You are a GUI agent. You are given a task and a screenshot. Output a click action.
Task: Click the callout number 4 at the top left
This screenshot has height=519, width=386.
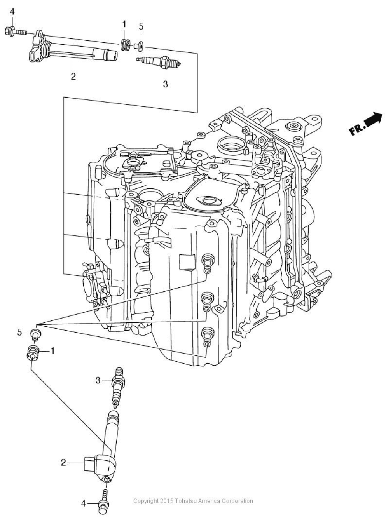coord(12,12)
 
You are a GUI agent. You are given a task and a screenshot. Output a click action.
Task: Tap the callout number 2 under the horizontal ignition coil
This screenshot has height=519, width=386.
coord(73,76)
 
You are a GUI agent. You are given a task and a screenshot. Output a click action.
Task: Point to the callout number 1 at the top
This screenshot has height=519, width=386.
coord(124,24)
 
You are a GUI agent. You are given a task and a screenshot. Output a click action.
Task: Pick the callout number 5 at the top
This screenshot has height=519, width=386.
coord(141,26)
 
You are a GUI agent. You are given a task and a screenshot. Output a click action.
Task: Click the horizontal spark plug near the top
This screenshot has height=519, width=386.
coord(159,61)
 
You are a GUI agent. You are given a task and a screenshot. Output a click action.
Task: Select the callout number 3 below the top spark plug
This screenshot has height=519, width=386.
coord(165,84)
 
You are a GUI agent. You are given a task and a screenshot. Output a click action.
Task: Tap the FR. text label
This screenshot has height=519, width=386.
coord(357,129)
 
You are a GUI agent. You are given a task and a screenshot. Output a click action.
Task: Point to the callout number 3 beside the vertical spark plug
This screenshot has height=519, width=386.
coord(98,380)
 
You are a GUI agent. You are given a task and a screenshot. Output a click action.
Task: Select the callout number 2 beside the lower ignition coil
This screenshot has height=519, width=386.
coord(63,462)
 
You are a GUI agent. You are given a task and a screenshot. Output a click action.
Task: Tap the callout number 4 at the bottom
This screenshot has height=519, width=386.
coord(83,504)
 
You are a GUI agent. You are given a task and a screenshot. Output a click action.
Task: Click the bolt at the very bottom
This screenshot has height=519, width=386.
coord(103,503)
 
